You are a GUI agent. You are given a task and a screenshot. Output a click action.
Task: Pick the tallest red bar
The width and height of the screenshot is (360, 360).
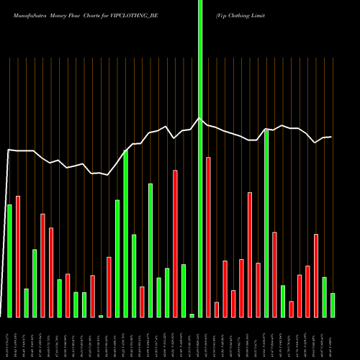tap(208, 237)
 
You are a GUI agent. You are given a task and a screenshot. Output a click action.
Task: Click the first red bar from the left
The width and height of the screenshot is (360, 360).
tap(18, 256)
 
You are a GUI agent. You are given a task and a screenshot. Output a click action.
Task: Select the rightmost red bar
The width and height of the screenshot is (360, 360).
tap(316, 276)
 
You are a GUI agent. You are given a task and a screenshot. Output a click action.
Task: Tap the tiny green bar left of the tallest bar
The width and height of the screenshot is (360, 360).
tap(192, 315)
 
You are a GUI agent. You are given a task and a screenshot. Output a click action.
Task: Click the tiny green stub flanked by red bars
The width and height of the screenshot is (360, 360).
tap(101, 316)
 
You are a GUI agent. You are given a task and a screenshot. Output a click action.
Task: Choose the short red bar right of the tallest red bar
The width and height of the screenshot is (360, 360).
tap(217, 310)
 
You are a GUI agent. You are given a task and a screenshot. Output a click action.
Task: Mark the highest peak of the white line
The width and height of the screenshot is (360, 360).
tap(200, 118)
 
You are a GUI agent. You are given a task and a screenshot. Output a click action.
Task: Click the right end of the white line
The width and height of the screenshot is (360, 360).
tap(331, 137)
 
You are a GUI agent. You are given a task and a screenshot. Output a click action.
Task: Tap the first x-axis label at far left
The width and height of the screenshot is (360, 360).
tap(9, 338)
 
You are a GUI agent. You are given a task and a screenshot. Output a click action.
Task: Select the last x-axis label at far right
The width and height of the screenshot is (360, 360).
tap(333, 338)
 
